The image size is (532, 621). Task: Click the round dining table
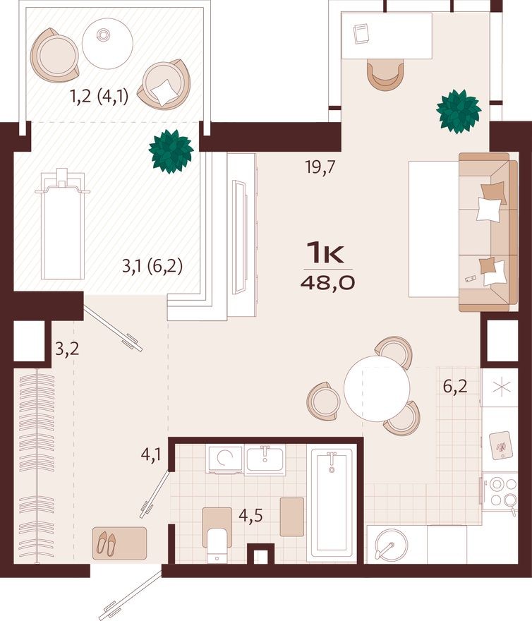pos(377,386)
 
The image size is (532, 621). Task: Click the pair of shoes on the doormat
pos(109,543)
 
